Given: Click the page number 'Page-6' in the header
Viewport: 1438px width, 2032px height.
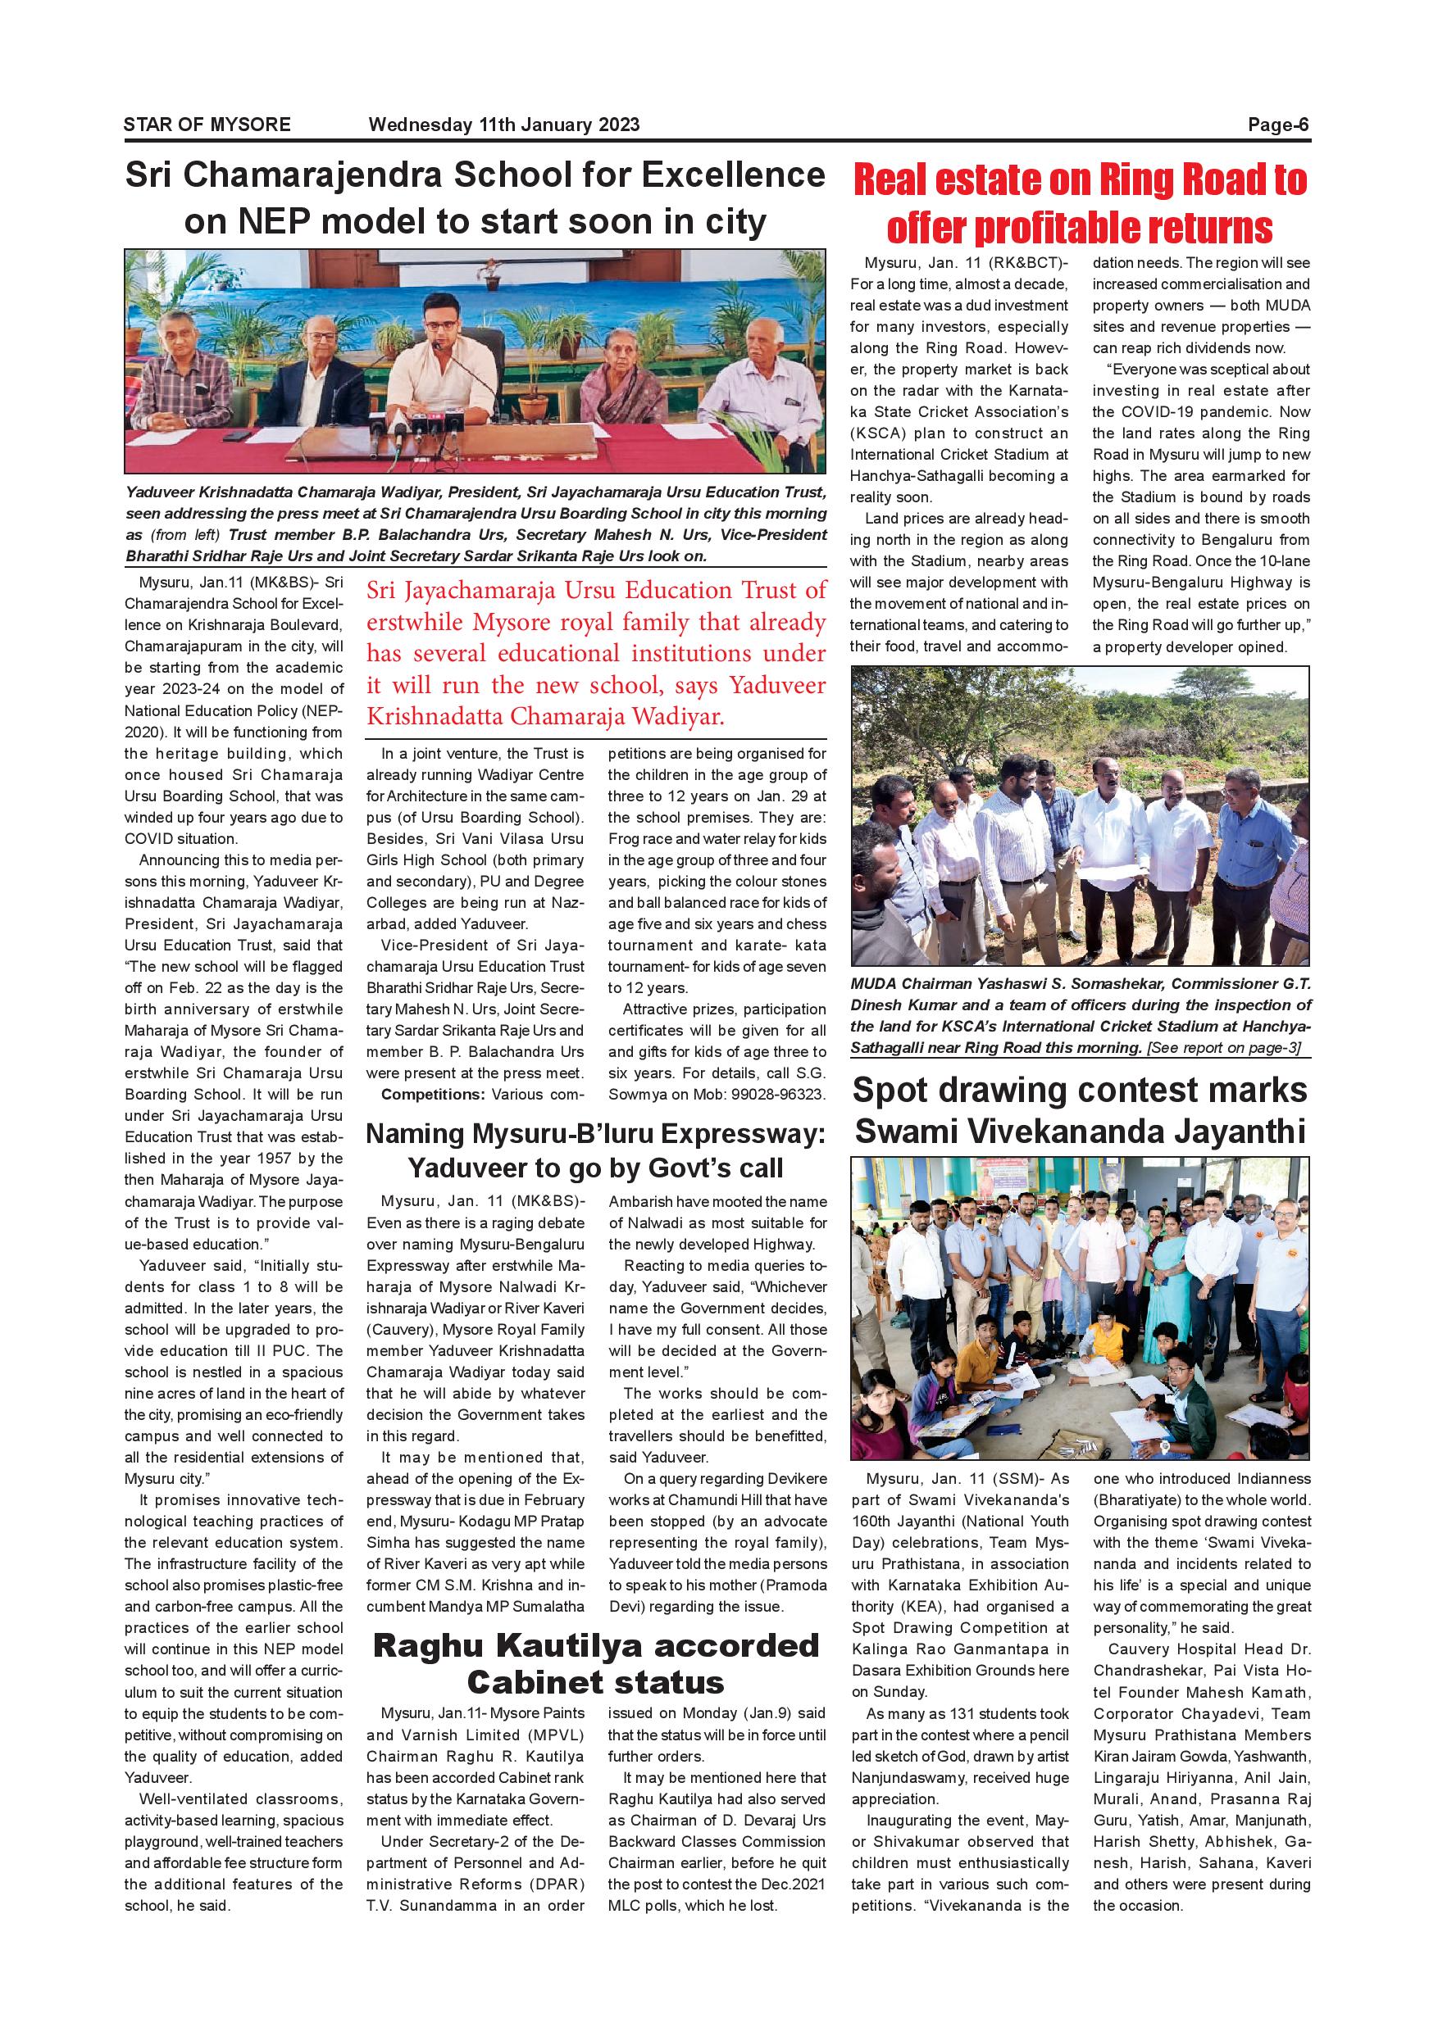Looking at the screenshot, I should coord(1278,125).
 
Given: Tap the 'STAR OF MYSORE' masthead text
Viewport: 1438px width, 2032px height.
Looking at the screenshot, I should coord(207,125).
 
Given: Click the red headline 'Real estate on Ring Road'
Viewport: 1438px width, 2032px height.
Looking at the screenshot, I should coord(1080,180).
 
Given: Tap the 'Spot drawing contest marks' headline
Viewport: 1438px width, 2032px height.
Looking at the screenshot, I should coord(1080,1091).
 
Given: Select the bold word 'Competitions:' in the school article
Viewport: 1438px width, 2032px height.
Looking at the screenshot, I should coord(434,1095).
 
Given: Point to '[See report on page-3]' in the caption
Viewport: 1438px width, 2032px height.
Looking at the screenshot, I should coord(1224,1048).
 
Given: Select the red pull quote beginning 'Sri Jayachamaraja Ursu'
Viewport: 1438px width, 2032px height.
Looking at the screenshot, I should coord(596,653).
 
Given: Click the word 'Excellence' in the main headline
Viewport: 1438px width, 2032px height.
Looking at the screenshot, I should coord(733,175).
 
